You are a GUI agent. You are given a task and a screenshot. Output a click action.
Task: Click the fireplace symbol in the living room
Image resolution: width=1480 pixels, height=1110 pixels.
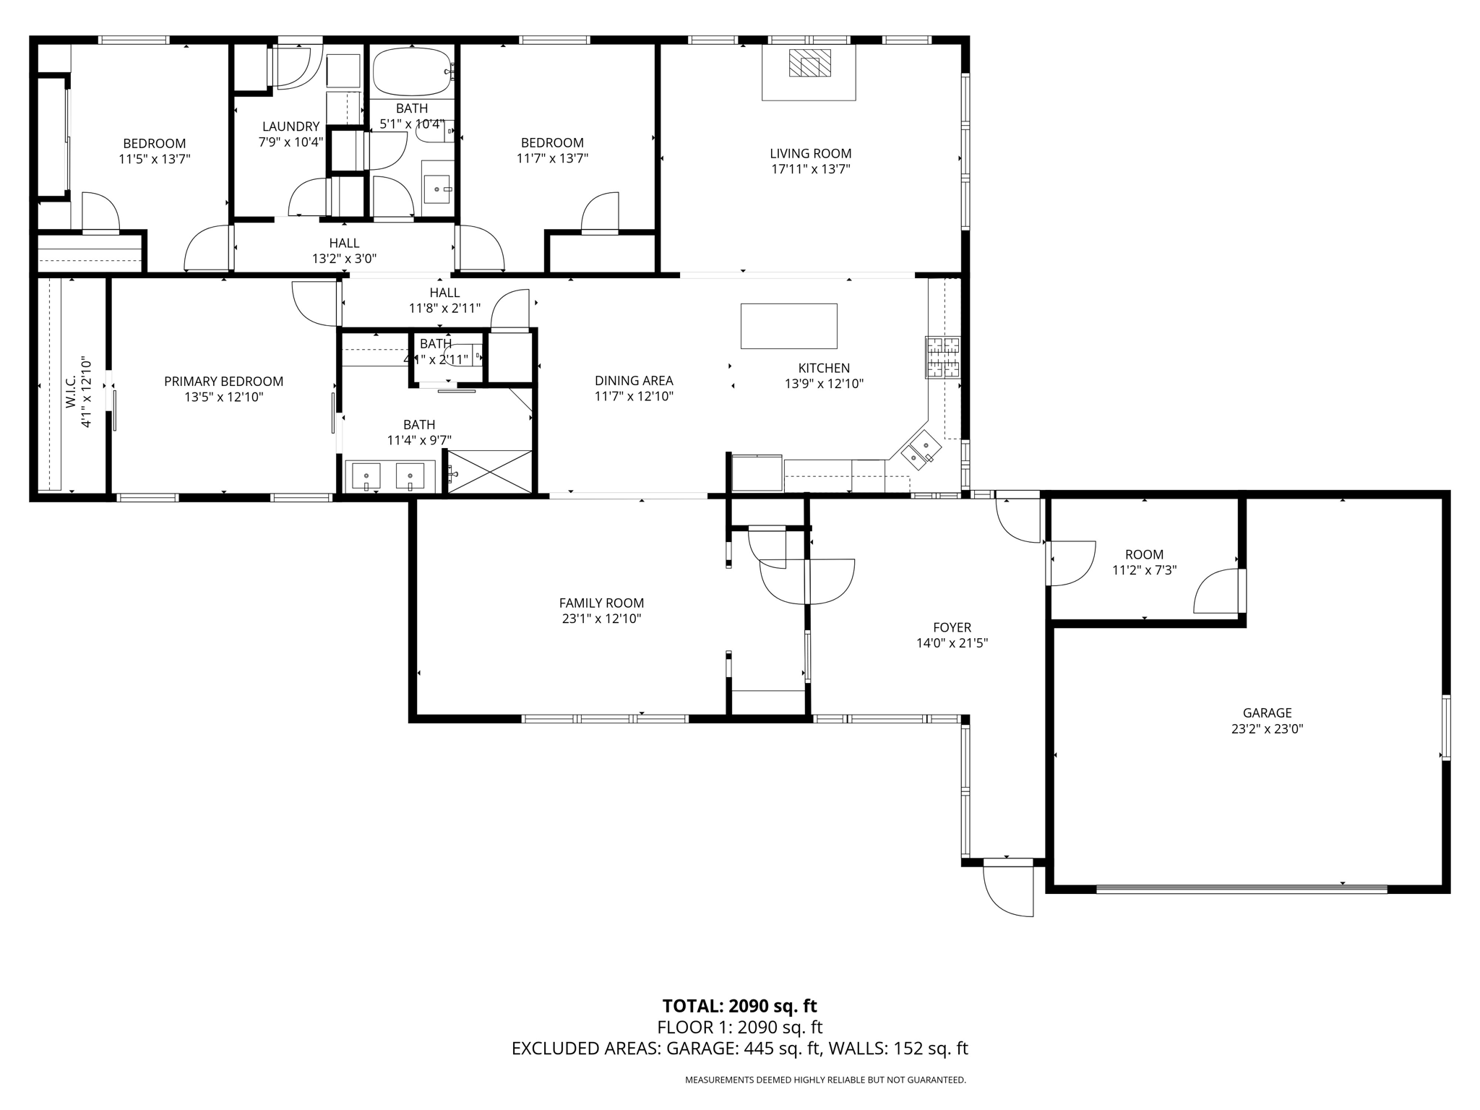click(809, 63)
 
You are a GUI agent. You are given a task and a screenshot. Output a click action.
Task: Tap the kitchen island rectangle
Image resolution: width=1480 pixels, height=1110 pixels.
click(788, 326)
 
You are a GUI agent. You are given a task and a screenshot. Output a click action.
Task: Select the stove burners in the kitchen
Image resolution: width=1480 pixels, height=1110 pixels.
click(943, 358)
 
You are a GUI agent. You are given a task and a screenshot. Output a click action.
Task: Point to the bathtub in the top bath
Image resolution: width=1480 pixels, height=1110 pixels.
click(412, 72)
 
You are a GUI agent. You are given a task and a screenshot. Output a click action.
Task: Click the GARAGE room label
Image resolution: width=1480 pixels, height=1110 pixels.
click(1267, 713)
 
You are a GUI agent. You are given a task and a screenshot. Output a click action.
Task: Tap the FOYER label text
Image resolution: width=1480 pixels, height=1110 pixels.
click(952, 628)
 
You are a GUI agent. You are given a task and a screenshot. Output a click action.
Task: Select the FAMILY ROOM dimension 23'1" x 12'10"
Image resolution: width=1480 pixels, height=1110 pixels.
click(601, 619)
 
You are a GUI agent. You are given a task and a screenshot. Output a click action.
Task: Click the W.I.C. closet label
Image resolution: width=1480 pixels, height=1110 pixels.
click(71, 392)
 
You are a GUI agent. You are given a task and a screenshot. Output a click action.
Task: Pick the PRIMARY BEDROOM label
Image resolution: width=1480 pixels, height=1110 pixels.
click(223, 382)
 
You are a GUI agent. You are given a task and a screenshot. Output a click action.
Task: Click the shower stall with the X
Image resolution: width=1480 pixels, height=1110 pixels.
click(490, 472)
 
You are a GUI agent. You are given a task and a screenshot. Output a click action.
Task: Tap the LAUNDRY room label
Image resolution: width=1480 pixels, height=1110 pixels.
click(291, 126)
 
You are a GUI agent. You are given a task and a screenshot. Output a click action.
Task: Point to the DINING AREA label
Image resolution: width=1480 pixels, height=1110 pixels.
click(634, 381)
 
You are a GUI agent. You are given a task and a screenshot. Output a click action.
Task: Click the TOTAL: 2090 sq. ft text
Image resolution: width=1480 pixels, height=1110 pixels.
click(739, 1006)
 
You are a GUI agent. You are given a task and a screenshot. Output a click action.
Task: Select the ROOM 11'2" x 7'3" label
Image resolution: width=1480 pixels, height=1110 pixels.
click(1144, 562)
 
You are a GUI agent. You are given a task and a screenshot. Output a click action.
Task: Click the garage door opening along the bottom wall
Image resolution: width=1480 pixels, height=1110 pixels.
click(1242, 889)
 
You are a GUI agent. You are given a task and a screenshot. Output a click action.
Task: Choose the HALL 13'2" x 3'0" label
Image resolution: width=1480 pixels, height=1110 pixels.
click(344, 251)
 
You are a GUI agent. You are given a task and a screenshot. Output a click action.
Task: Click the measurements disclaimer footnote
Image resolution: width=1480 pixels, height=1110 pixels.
click(825, 1080)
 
